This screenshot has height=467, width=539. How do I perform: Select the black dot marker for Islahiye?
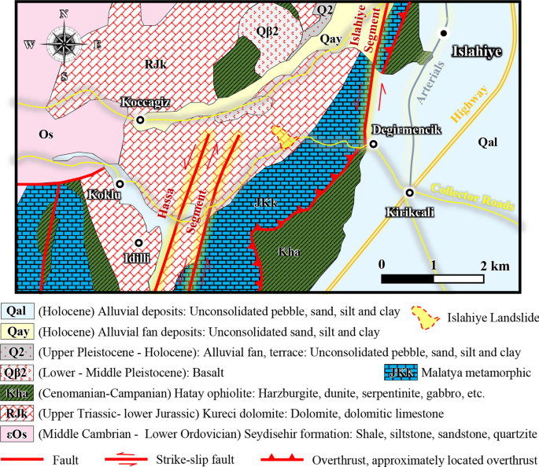tap(445, 33)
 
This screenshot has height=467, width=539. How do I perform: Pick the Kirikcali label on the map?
tap(410, 211)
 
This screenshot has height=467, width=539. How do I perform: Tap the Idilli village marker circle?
tap(139, 244)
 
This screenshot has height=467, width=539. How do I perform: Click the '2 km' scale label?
tap(497, 266)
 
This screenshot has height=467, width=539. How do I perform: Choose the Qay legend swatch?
tap(17, 332)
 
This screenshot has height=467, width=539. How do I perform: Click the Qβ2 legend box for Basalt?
tap(17, 373)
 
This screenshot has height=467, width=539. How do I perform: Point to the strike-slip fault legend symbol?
tap(134, 457)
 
